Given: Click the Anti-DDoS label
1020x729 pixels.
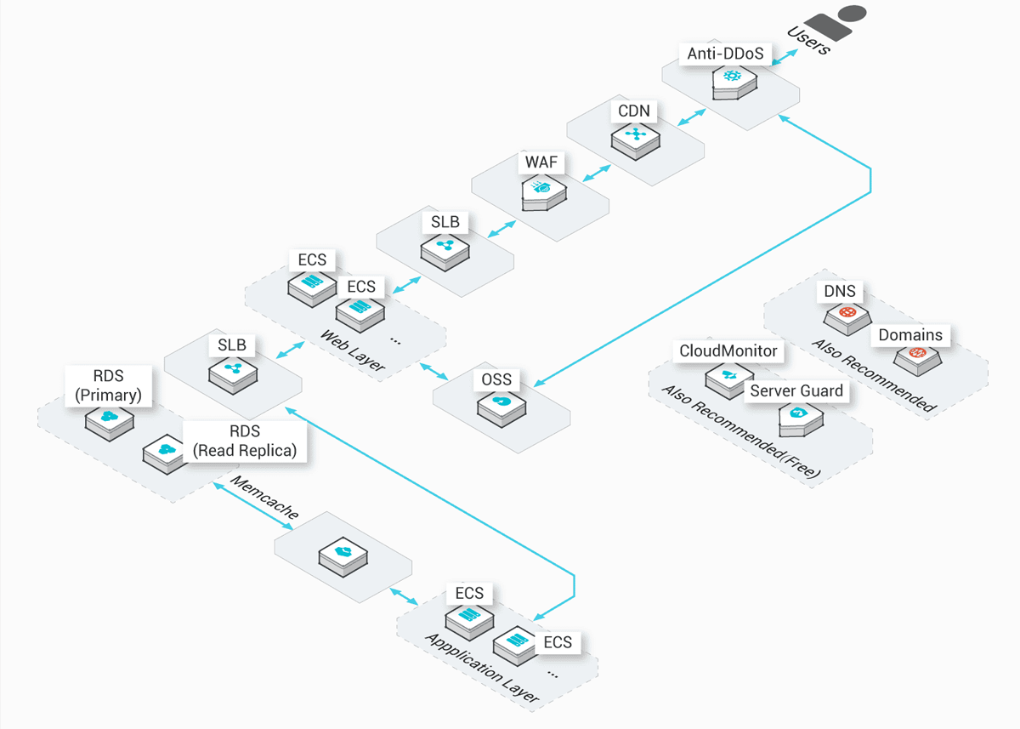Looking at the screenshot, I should click(x=726, y=54).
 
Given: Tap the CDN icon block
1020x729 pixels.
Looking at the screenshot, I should click(x=636, y=136).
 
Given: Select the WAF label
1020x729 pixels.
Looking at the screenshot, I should click(x=541, y=162).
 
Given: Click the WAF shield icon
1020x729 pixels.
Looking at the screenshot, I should click(x=541, y=192).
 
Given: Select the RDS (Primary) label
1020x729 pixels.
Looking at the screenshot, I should click(x=108, y=385).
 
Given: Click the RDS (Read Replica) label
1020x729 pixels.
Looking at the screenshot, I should click(x=245, y=441).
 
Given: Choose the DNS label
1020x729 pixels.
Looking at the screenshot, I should click(x=840, y=292).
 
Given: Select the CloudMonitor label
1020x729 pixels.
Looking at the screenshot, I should click(x=728, y=350).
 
